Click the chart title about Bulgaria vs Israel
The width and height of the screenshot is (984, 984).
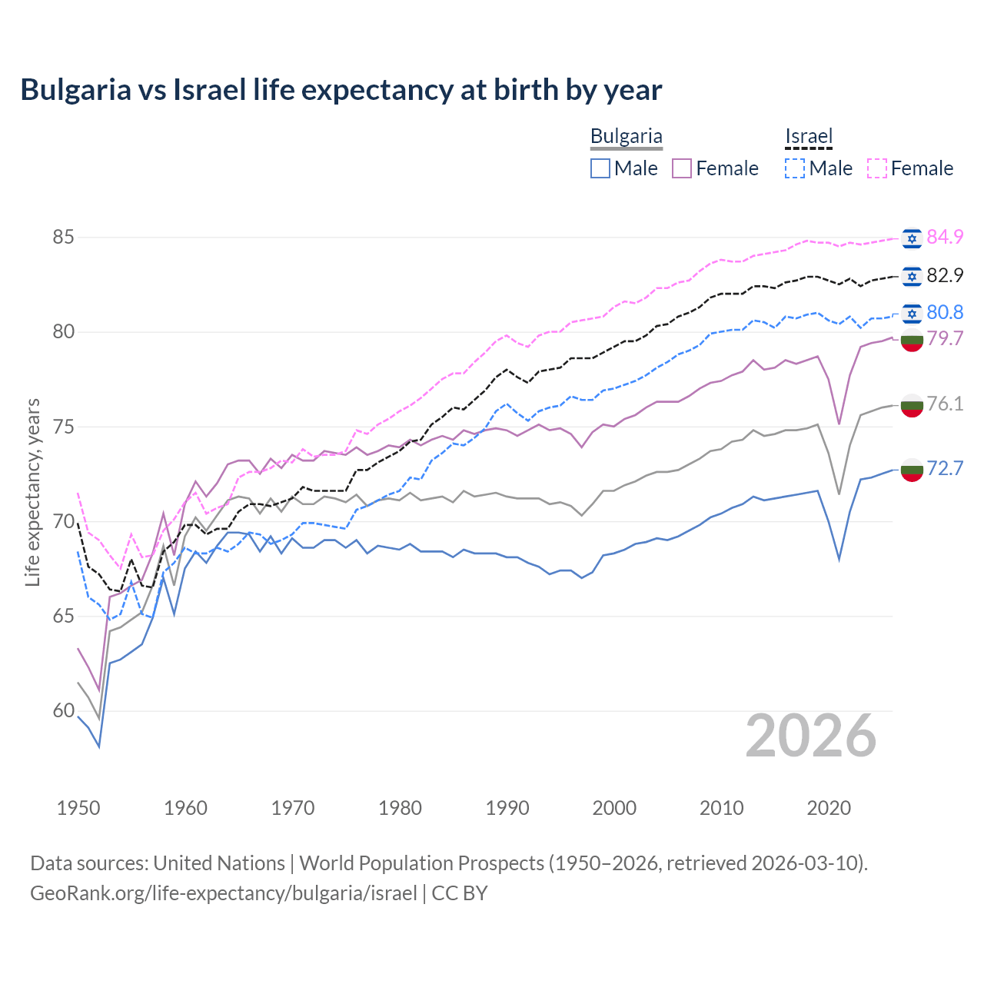point(341,90)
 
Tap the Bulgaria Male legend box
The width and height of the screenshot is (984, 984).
point(600,168)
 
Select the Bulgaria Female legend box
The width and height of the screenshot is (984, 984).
point(682,168)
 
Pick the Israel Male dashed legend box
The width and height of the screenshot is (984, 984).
point(795,168)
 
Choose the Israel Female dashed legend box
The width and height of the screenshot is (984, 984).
point(877,168)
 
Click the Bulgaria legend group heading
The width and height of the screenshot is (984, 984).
point(626,137)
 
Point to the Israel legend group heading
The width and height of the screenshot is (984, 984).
point(809,137)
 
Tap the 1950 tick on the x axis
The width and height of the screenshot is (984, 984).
point(78,808)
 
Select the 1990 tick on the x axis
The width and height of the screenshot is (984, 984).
point(507,808)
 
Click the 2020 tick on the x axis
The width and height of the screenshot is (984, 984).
point(829,808)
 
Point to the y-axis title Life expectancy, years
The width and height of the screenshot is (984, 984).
point(32,492)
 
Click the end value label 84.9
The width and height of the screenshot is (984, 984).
point(945,237)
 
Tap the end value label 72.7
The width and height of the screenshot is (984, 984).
point(945,468)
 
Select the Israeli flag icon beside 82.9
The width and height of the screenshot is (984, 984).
point(912,276)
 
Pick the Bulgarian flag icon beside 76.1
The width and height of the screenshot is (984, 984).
point(912,405)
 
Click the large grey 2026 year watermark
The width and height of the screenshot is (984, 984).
point(811,736)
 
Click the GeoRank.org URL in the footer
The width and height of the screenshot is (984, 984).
point(224,893)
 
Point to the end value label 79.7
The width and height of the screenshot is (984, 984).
point(945,338)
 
